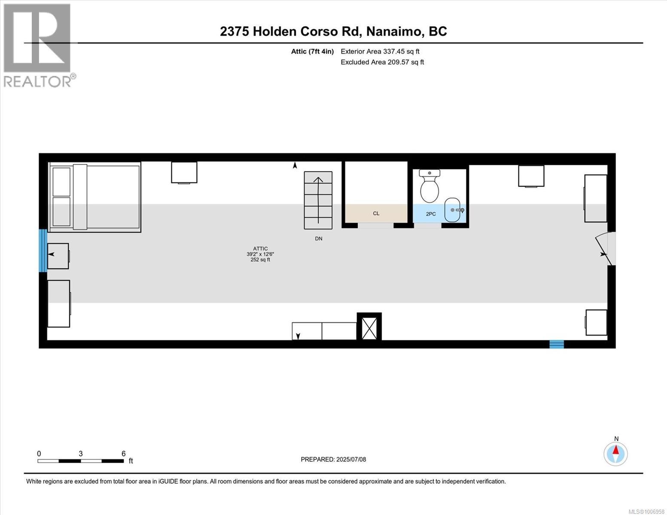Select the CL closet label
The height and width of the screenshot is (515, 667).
point(376,213)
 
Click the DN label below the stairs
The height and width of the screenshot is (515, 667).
point(318,239)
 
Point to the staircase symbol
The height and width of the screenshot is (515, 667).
point(318,200)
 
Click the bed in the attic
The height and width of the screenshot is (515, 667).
point(95,197)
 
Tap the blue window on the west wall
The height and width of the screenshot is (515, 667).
point(43,251)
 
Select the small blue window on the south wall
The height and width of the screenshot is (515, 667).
point(557,344)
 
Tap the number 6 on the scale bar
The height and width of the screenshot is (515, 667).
point(124,454)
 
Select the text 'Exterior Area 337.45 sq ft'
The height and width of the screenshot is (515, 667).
point(380,51)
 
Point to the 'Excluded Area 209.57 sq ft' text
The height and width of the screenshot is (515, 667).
point(382,62)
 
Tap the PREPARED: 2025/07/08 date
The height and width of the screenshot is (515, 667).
point(333,459)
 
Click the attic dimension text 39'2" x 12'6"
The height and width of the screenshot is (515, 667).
point(260,254)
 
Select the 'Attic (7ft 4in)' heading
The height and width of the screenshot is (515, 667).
point(312,51)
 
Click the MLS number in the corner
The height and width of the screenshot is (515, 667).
point(647,511)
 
